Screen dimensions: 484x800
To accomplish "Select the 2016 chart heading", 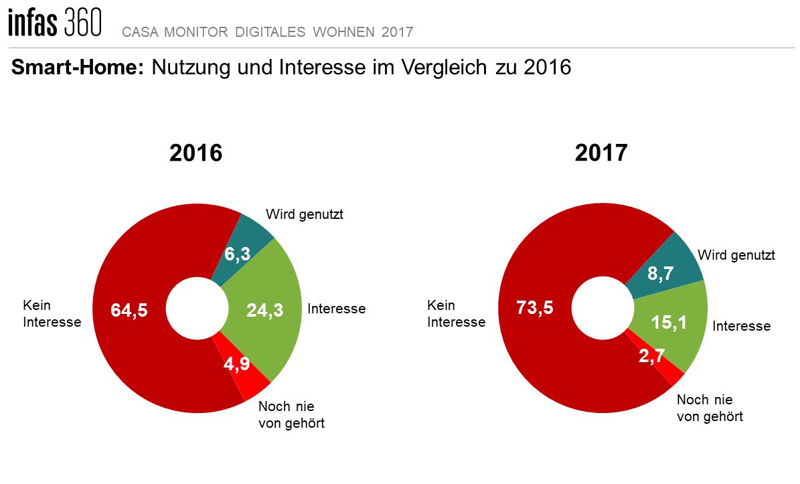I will click(195, 153).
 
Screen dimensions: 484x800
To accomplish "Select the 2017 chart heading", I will click(601, 153).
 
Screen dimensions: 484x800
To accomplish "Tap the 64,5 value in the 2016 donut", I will click(129, 311).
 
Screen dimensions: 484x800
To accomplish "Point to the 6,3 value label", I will click(237, 254).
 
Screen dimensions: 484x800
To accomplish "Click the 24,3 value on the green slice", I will click(265, 311).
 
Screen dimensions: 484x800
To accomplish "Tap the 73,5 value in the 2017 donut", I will click(535, 308).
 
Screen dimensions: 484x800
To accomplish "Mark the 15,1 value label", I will click(669, 323).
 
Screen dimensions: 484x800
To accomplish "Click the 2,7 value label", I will click(651, 355).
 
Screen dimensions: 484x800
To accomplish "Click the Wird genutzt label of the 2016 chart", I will click(305, 215).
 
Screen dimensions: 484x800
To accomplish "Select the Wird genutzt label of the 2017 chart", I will click(736, 255).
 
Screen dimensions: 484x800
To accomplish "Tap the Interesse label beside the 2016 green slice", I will click(336, 309).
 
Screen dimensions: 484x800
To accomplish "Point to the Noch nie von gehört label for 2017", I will click(710, 408).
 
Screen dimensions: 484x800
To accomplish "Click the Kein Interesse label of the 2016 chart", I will click(52, 313).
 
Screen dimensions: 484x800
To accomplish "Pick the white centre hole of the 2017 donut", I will click(602, 305).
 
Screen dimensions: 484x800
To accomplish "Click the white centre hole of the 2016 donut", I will click(197, 311).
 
